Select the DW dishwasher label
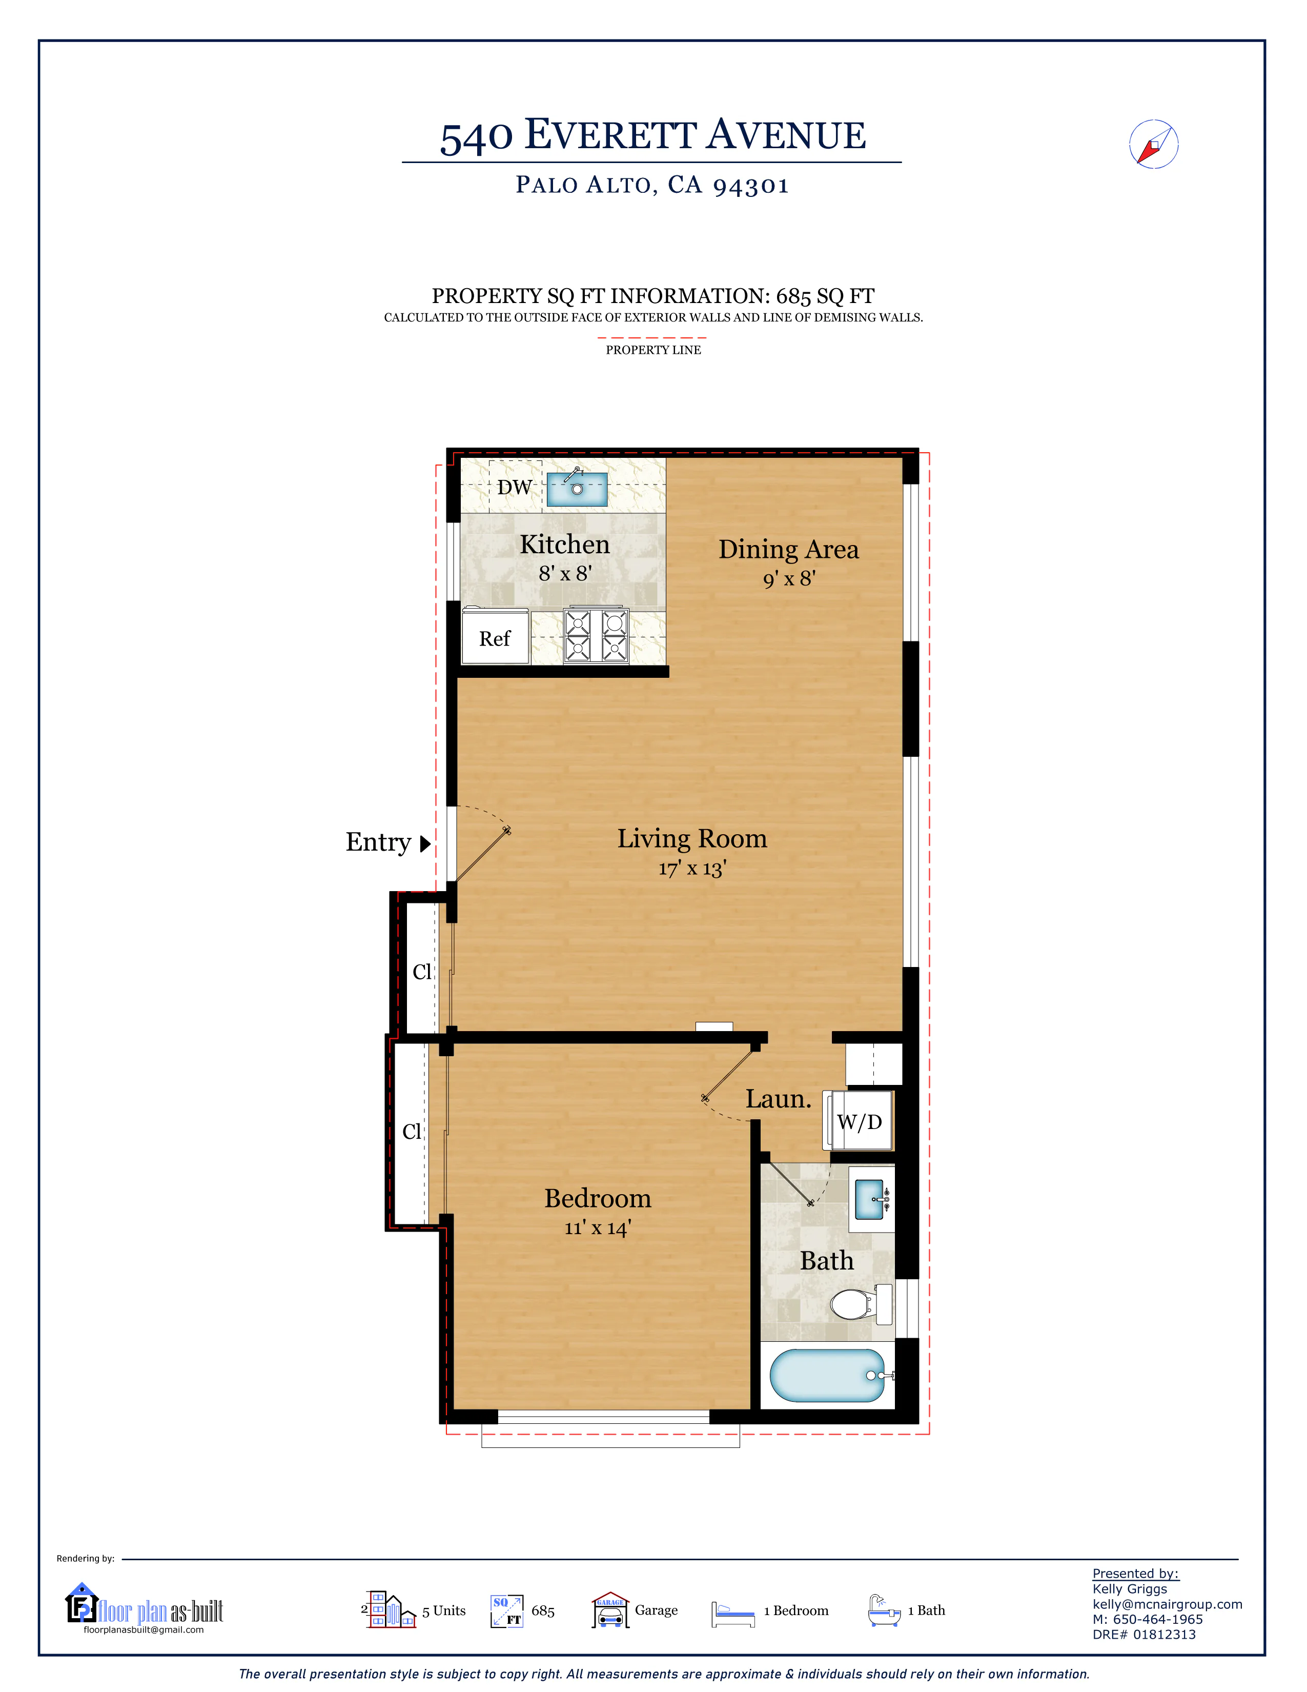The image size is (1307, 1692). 514,487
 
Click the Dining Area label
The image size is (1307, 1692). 788,549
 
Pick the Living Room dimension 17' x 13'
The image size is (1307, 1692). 692,869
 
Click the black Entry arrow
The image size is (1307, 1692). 425,843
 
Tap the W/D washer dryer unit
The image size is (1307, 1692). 858,1121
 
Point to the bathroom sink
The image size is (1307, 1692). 870,1199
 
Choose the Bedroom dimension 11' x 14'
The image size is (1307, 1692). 598,1228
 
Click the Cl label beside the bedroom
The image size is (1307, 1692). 412,1132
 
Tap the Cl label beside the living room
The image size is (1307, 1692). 422,972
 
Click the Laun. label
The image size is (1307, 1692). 778,1099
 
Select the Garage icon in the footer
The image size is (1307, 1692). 611,1610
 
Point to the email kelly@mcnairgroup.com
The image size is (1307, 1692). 1167,1604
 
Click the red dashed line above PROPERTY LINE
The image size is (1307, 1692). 652,338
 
